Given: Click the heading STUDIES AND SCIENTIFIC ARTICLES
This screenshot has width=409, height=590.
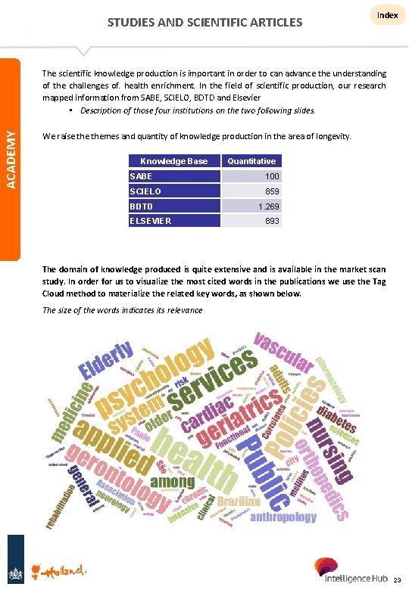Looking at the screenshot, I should (x=204, y=22).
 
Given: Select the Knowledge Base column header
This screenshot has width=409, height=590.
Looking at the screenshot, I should (x=173, y=161).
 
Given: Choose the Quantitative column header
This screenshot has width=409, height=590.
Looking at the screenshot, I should (x=251, y=161).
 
